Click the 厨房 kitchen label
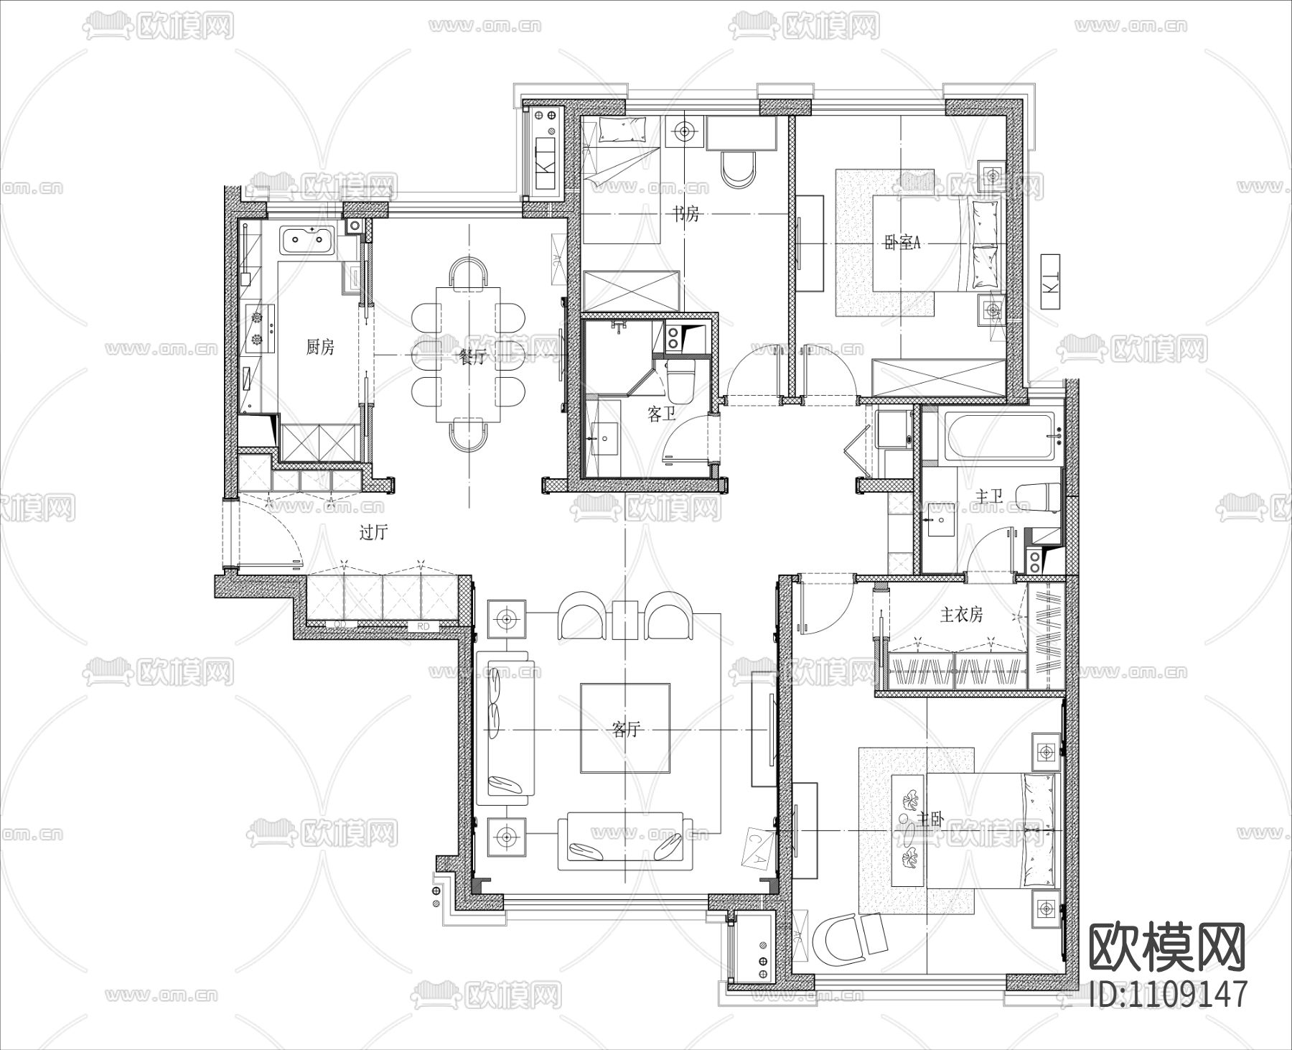pos(320,348)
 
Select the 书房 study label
pos(685,213)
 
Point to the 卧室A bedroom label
pos(902,243)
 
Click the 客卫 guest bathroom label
pos(661,414)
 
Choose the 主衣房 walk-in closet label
pos(961,615)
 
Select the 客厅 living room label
pos(625,730)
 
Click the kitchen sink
pos(308,240)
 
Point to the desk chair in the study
pos(737,169)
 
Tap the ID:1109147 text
pos(1168,995)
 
